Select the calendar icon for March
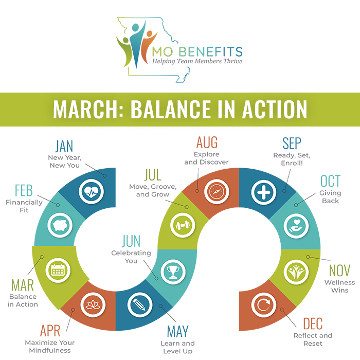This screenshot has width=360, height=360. (x=58, y=269)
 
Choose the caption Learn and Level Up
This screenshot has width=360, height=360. (x=177, y=347)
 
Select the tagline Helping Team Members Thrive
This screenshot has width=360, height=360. (x=196, y=62)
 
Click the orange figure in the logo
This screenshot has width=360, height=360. (x=149, y=40)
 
